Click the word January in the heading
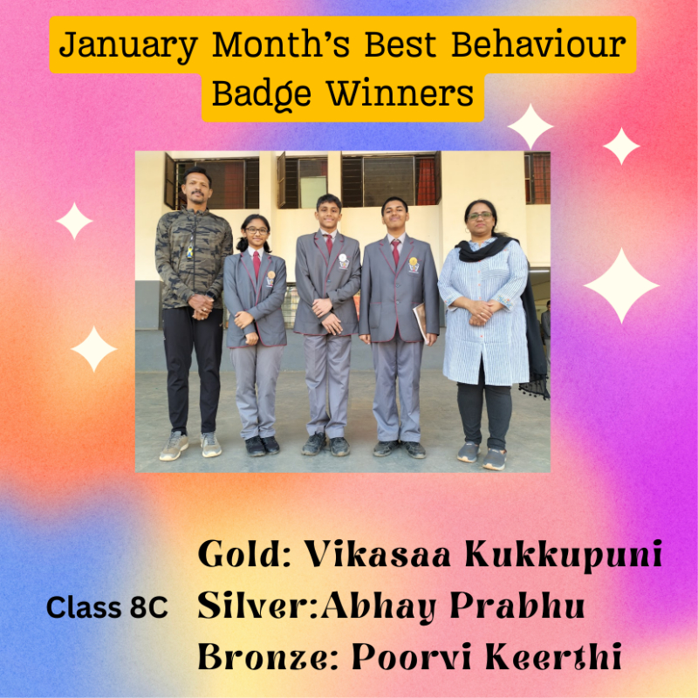[128, 46]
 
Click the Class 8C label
[106, 607]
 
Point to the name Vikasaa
[378, 554]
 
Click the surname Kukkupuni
[563, 556]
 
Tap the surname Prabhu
[517, 606]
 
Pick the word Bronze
[268, 656]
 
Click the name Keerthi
[553, 656]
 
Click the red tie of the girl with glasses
[257, 265]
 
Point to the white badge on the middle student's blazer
[342, 257]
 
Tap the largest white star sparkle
[621, 285]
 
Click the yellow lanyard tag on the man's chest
[190, 252]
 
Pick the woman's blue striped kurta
[485, 311]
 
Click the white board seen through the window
[313, 191]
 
